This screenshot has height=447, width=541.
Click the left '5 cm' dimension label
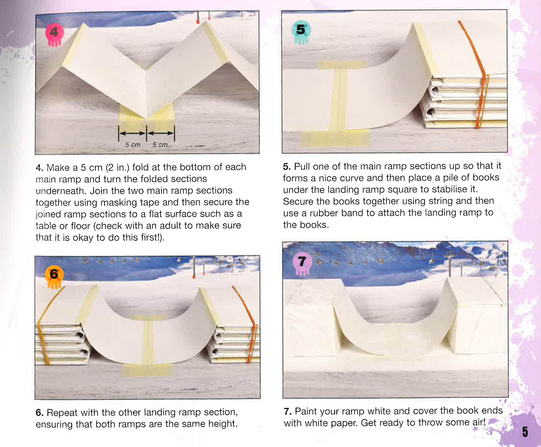pyautogui.click(x=133, y=145)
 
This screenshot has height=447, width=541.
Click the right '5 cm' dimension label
pyautogui.click(x=160, y=145)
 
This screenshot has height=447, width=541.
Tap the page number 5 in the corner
pyautogui.click(x=525, y=432)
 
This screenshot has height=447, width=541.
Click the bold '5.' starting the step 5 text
pyautogui.click(x=287, y=167)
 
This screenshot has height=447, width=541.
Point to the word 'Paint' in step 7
pyautogui.click(x=306, y=411)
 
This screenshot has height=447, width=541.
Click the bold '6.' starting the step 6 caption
pyautogui.click(x=39, y=413)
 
